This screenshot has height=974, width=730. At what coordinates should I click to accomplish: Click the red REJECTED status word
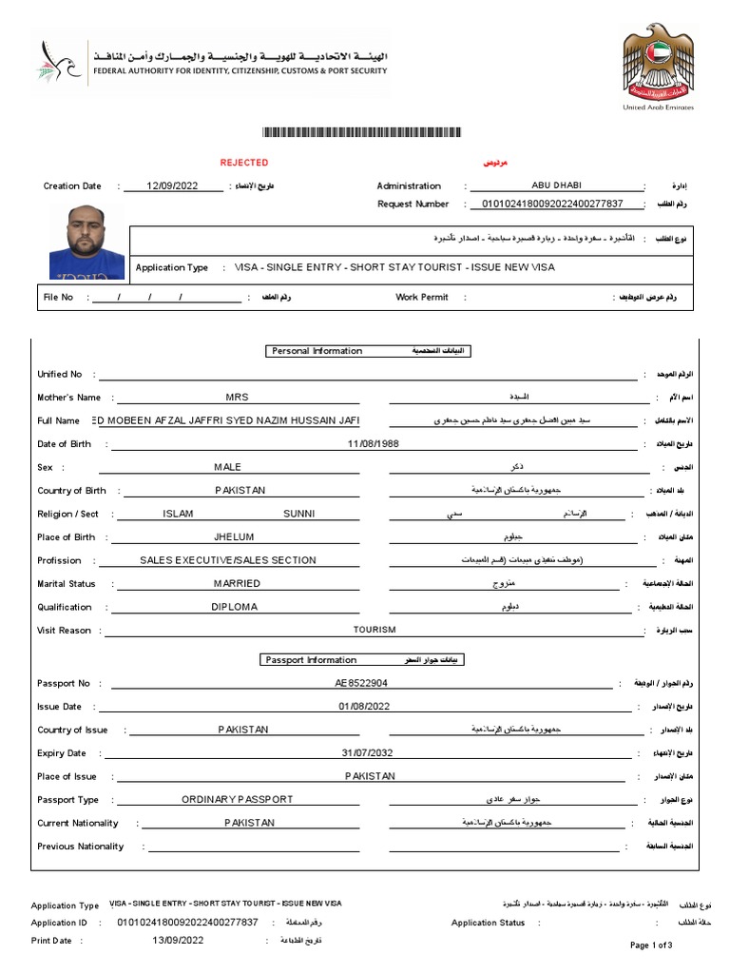click(244, 163)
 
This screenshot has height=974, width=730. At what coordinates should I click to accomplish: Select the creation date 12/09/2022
click(172, 186)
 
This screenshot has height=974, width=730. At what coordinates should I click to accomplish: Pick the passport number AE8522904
click(361, 683)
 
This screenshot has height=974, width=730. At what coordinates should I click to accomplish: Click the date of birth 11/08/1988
click(374, 444)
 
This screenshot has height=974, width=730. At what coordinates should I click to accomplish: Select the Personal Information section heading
click(317, 351)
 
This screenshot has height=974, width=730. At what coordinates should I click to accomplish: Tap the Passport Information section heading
click(311, 660)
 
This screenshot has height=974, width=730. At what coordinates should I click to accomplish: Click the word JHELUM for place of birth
click(235, 537)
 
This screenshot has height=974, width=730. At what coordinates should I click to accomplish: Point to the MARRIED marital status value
click(237, 584)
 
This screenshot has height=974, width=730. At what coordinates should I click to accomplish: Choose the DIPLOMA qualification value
click(234, 607)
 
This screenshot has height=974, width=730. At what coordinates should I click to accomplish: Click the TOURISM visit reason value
click(375, 630)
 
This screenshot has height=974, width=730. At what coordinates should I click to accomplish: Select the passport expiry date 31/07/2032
click(366, 753)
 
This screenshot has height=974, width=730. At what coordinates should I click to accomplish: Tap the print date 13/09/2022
click(178, 941)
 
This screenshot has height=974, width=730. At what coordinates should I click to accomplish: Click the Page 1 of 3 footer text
click(651, 945)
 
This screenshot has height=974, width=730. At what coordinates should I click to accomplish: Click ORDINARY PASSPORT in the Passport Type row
click(238, 800)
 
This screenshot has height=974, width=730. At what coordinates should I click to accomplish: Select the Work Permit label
click(421, 298)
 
